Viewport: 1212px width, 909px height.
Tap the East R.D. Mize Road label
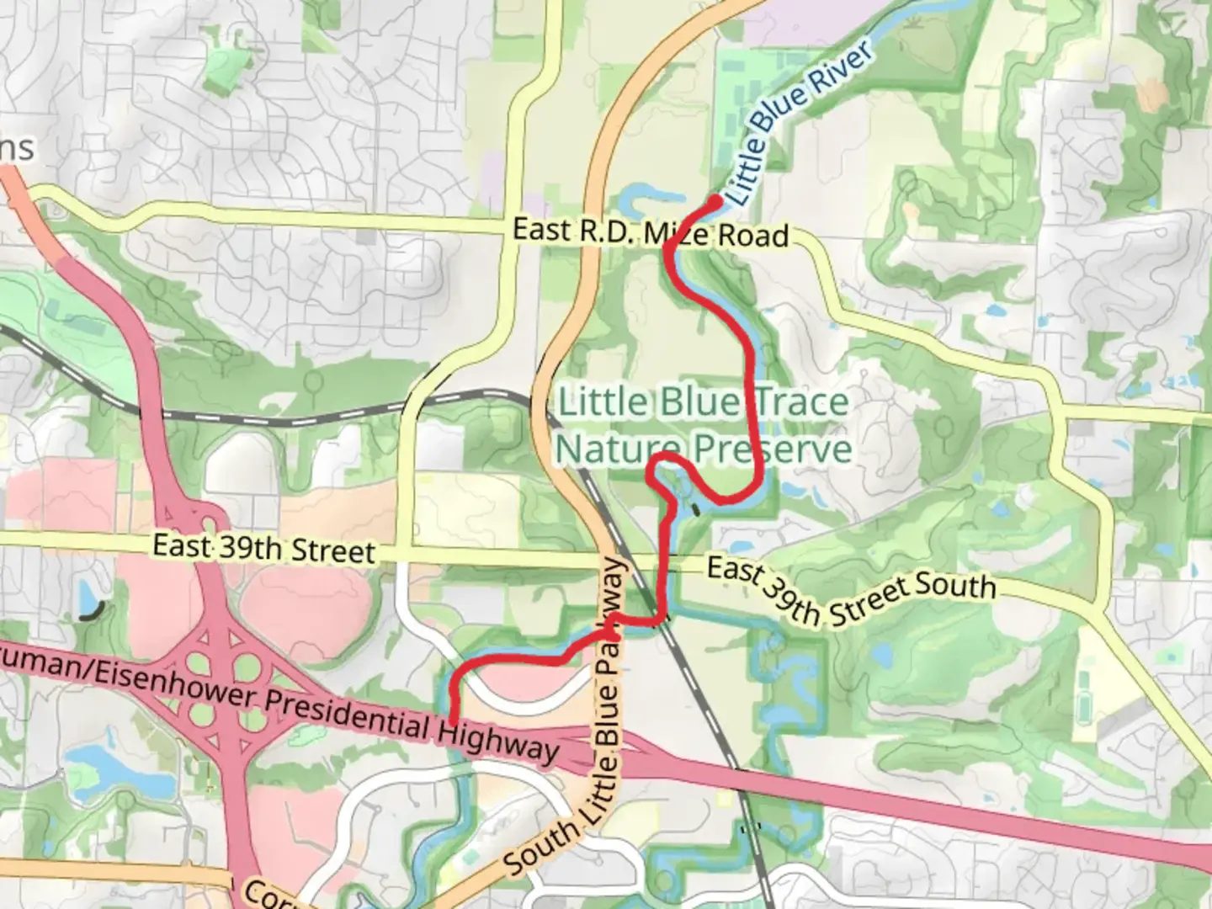coord(651,232)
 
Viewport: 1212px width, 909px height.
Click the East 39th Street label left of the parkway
coord(263,548)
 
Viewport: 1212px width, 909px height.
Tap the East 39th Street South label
coord(850,591)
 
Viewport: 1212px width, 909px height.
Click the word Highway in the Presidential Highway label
coord(497,738)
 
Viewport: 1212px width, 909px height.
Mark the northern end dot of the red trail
coord(715,200)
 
